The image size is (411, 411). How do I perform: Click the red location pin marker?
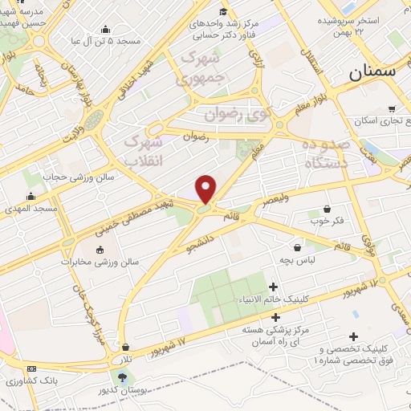click(206, 189)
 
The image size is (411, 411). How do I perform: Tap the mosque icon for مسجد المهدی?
click(31, 197)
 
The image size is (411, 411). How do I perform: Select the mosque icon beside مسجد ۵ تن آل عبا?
click(105, 31)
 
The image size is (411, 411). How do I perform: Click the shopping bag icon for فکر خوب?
click(327, 208)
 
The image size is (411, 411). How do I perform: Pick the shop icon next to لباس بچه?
click(299, 248)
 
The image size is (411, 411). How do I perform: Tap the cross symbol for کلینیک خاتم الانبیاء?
click(274, 287)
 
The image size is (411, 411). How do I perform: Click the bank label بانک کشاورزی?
click(30, 380)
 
